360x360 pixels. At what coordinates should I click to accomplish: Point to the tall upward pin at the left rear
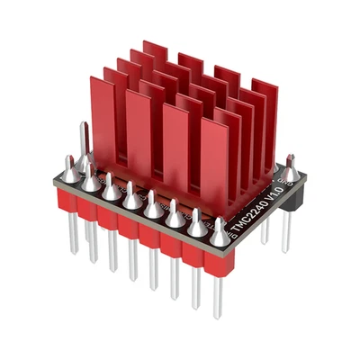[x=84, y=144]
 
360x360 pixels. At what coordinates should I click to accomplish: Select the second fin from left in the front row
[x=138, y=130]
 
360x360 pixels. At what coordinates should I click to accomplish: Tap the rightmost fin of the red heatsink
[x=265, y=126]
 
